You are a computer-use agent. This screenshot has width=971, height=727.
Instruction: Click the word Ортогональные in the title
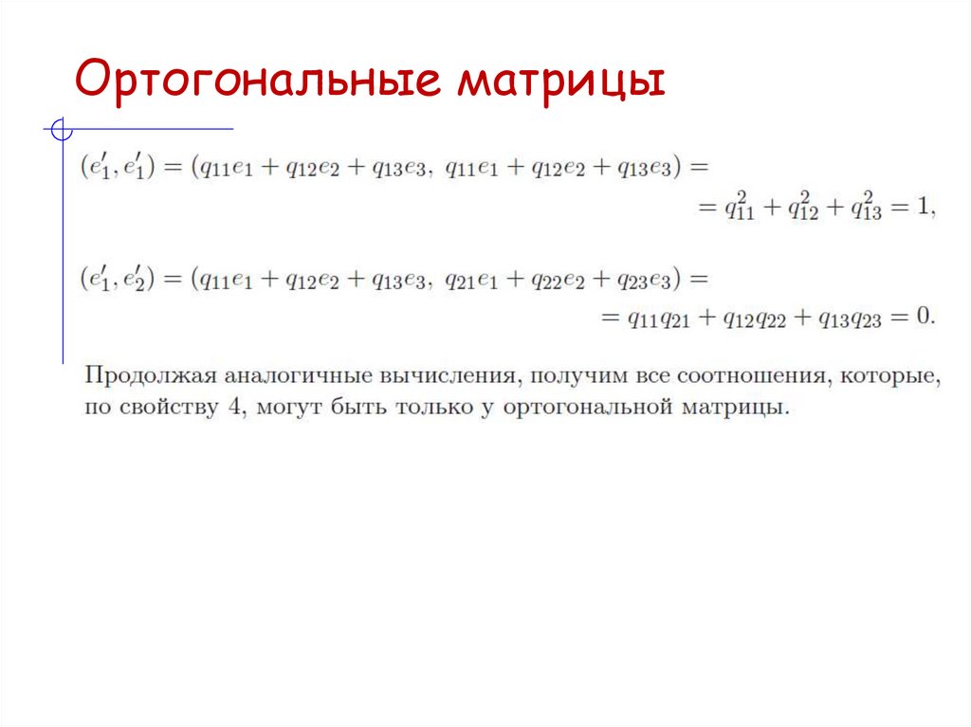(x=255, y=82)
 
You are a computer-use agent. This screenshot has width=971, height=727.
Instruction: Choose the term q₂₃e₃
(x=644, y=281)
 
